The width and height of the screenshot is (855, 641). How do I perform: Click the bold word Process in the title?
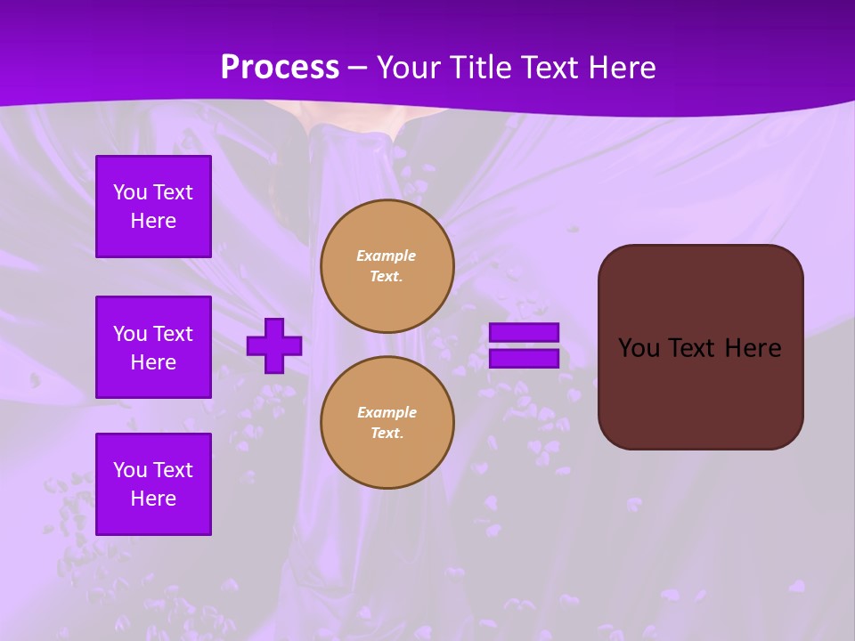coord(280,67)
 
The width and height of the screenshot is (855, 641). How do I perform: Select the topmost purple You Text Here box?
coord(153,207)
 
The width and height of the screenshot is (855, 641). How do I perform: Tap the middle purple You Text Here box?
coord(153,347)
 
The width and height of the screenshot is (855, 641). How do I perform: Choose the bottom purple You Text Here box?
coord(153,483)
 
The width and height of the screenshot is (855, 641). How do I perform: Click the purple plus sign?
coord(274,345)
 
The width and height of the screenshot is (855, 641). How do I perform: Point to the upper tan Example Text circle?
coord(387,266)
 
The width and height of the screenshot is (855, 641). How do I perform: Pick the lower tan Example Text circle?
coord(387,423)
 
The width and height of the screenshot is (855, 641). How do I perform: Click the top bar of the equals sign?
coord(524,332)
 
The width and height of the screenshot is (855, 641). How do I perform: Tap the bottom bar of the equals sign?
coord(524,358)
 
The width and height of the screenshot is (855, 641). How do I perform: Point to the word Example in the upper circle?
coord(387,256)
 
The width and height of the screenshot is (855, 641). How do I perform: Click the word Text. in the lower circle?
coord(387,434)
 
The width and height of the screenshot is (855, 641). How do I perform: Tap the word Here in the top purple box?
coord(153,221)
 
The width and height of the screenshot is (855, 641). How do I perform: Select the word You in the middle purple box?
coord(130,334)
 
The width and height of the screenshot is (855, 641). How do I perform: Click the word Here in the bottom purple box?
coord(153,499)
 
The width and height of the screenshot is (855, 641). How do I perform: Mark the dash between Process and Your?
coord(357,67)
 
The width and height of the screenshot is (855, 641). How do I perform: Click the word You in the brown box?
coord(639,348)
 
